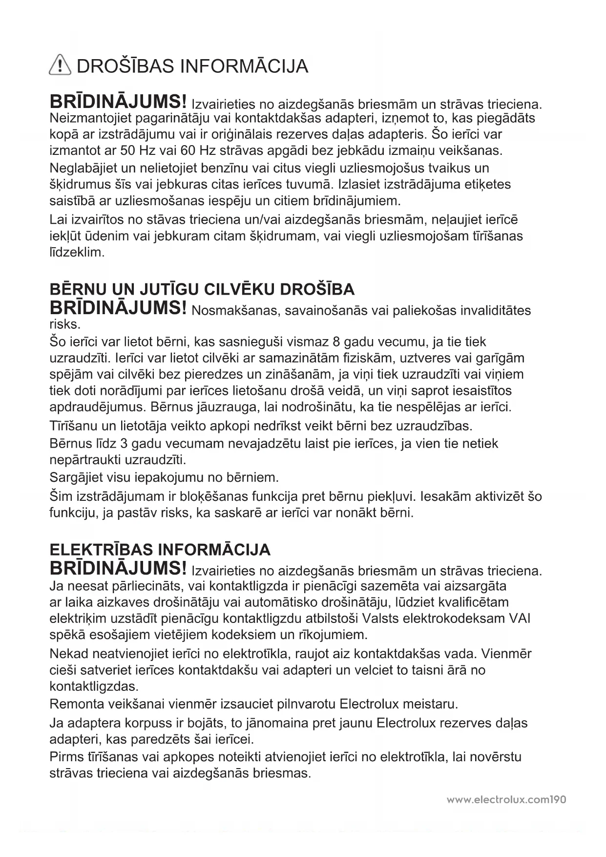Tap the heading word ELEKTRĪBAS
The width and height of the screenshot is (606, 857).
click(101, 550)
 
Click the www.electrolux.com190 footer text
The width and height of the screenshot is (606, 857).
click(506, 800)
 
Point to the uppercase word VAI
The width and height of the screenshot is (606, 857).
click(520, 619)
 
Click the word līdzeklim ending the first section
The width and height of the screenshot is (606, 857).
click(77, 253)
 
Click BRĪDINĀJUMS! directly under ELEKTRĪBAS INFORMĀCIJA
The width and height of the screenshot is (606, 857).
click(118, 568)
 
